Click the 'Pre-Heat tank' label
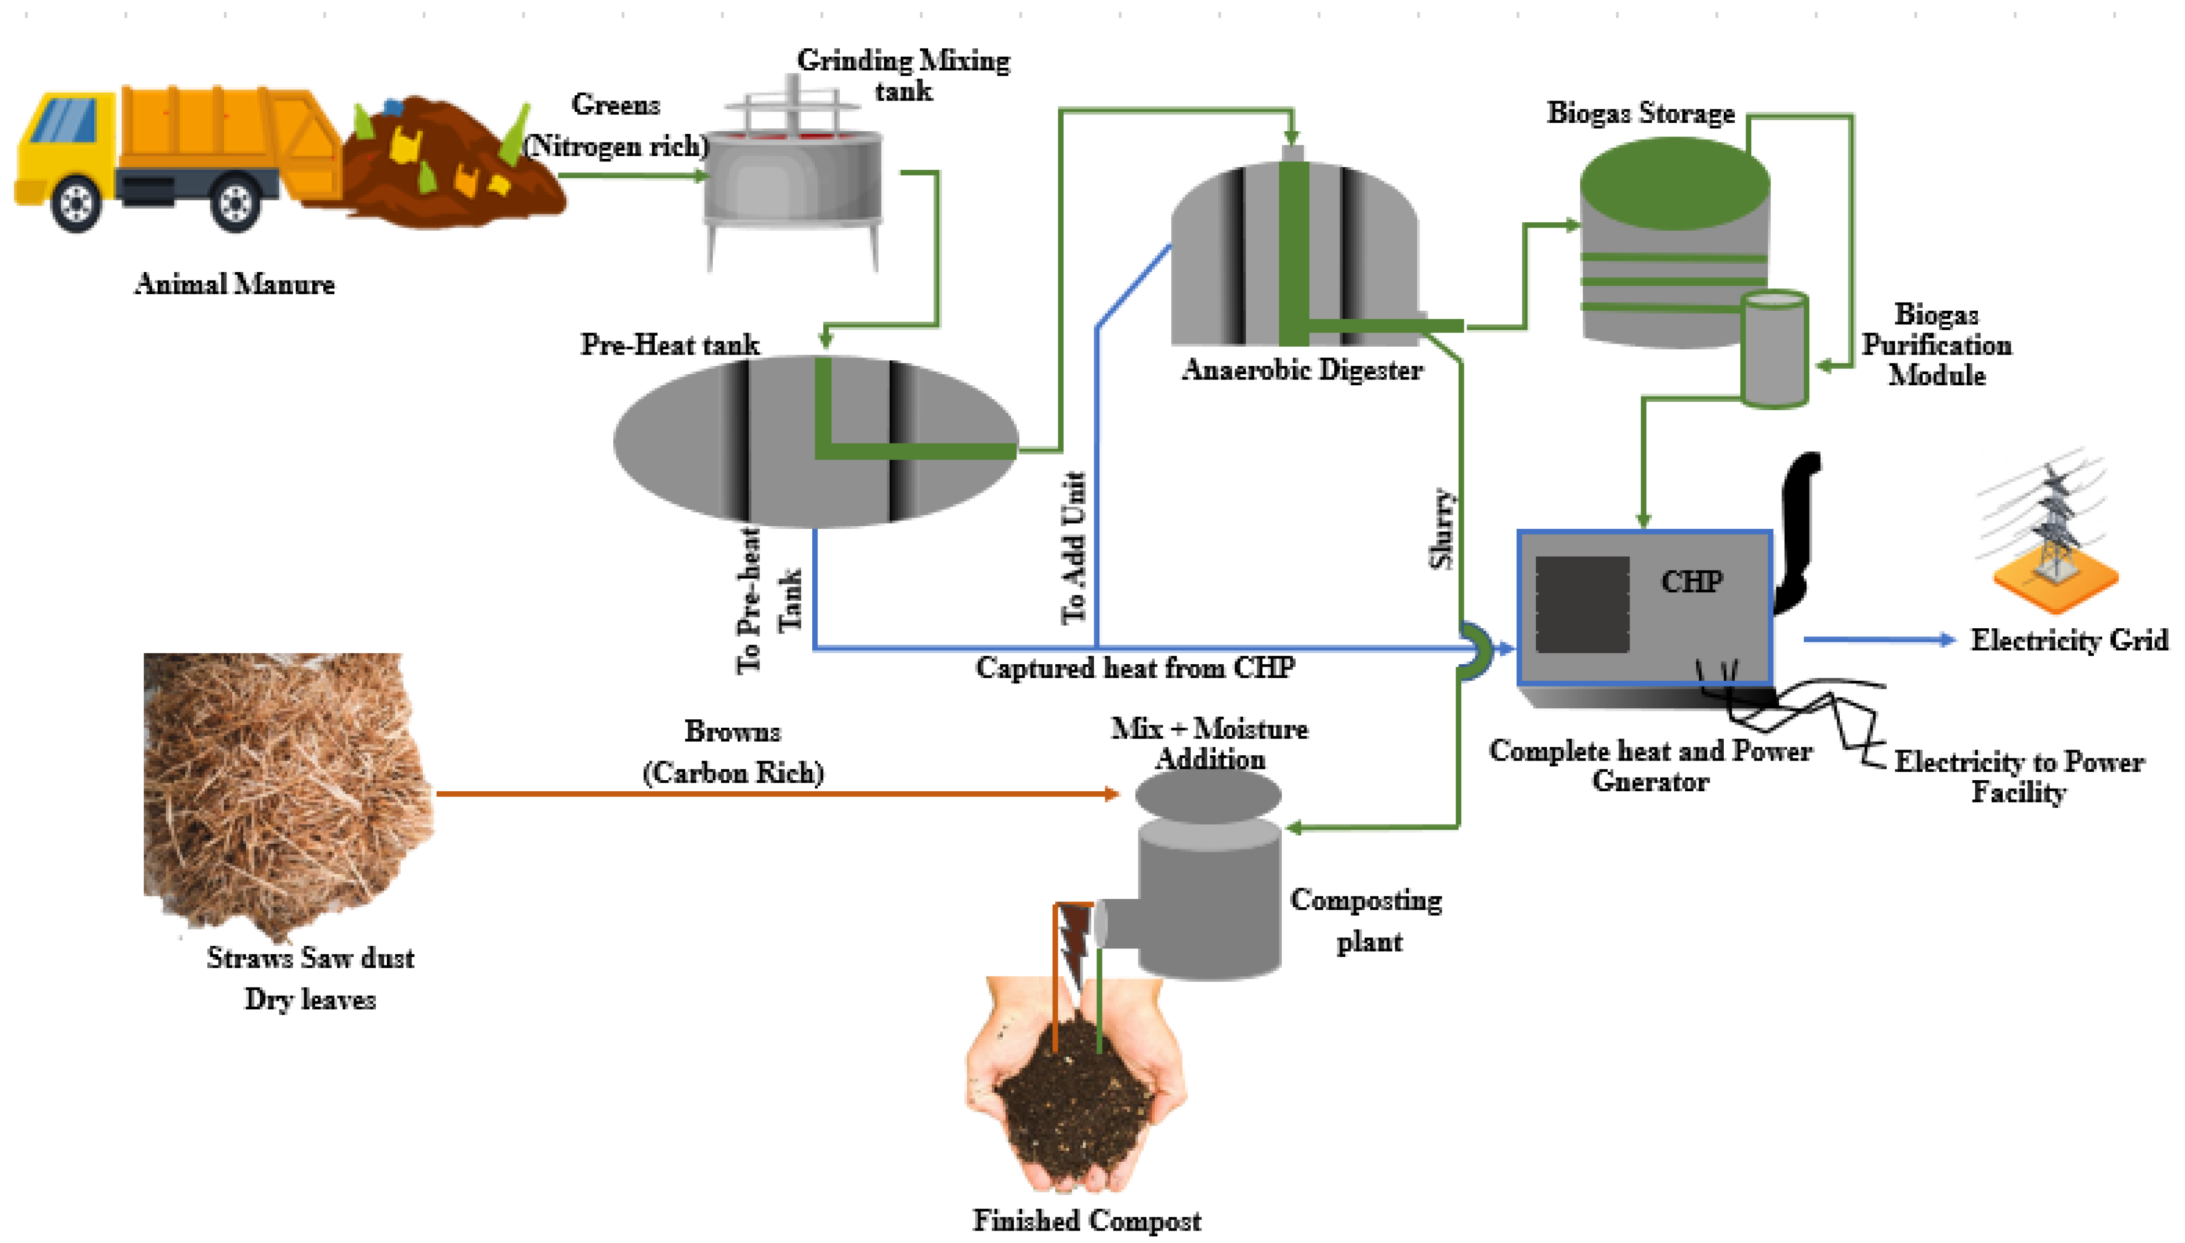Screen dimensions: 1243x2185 (x=670, y=345)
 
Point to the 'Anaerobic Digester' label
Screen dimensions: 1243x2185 (x=1302, y=371)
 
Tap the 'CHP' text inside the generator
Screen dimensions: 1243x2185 (x=1690, y=582)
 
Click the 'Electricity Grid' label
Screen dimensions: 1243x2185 (x=2068, y=640)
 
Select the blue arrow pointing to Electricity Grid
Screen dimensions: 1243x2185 (x=1878, y=639)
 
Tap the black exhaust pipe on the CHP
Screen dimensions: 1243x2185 (x=1797, y=529)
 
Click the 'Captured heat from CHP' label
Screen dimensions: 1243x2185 (x=1135, y=668)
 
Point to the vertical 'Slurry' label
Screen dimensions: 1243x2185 (x=1441, y=529)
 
